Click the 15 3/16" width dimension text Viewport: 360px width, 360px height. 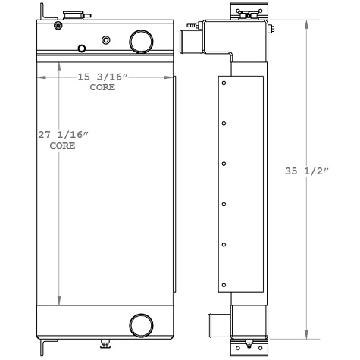point(104,77)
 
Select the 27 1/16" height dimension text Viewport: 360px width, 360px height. point(64,135)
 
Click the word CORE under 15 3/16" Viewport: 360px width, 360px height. point(102,87)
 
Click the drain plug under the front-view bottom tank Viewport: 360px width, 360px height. point(104,345)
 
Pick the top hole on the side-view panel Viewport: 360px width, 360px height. point(224,82)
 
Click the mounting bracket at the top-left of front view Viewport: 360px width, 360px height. point(46,14)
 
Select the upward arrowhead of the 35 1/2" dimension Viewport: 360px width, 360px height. point(305,21)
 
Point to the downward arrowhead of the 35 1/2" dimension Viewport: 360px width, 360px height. point(305,335)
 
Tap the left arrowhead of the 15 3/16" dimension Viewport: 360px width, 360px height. point(39,77)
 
